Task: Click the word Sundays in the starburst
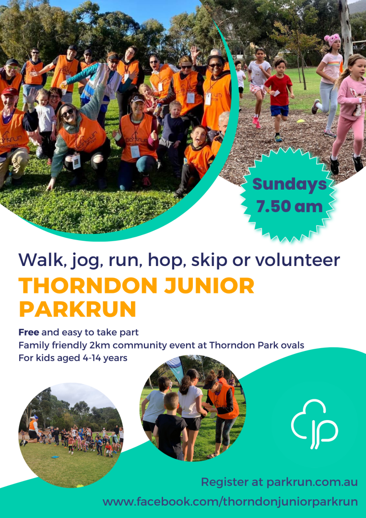[289, 184]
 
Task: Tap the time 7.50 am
[289, 206]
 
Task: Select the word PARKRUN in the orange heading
[78, 309]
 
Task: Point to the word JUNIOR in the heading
[201, 286]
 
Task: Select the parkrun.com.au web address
[312, 482]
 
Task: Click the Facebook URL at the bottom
[230, 502]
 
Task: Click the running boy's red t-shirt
[279, 89]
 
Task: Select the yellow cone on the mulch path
[301, 121]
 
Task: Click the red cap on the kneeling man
[9, 92]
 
